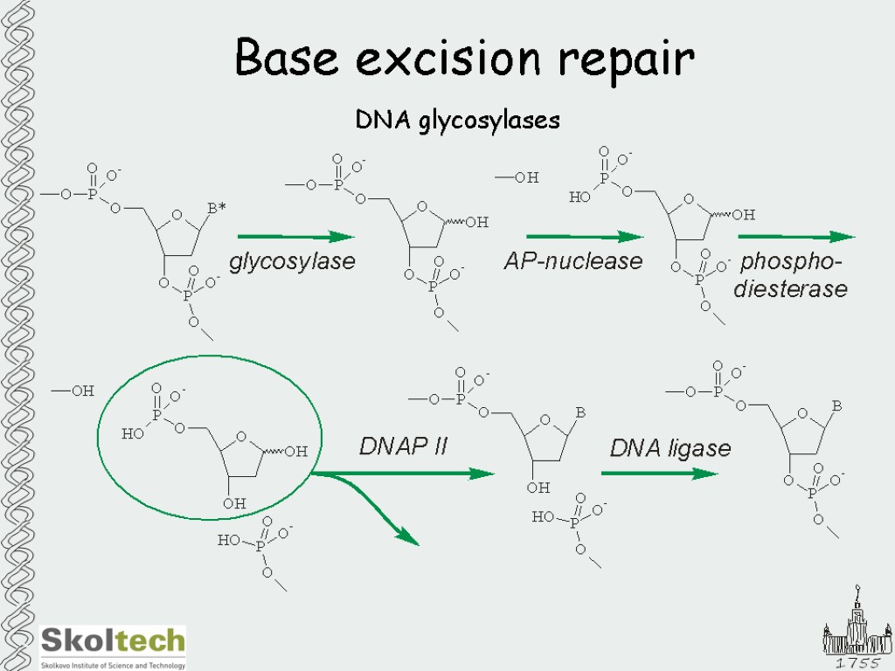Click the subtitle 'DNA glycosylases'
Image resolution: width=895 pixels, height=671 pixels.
(457, 120)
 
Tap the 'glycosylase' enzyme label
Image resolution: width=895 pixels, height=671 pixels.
(292, 261)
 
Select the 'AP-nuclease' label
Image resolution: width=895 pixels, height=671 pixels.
(573, 260)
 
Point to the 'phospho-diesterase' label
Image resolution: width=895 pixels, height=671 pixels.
(791, 275)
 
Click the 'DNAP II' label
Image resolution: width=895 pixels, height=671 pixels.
(403, 446)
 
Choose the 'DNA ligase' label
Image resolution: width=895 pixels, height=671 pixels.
(670, 448)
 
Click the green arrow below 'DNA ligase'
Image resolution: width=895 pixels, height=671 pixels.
(659, 474)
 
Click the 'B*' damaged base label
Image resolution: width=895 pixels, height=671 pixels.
(217, 208)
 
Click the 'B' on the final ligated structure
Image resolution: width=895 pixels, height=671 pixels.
(836, 405)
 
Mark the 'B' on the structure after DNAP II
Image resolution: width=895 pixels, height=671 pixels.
(579, 412)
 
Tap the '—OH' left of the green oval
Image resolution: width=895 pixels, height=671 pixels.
(73, 391)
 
